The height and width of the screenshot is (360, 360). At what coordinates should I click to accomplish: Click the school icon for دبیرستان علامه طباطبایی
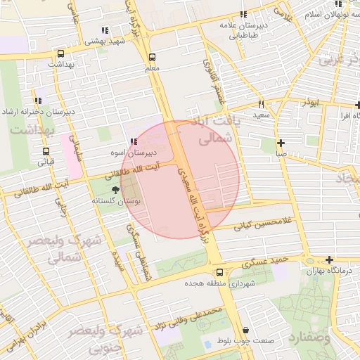coord(243,14)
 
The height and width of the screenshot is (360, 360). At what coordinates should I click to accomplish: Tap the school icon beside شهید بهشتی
coord(105,30)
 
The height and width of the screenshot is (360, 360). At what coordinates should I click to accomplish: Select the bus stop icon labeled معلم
coord(152,58)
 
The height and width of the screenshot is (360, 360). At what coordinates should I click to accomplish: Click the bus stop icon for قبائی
coord(46,151)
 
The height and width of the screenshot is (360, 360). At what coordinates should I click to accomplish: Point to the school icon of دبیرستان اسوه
coord(133,142)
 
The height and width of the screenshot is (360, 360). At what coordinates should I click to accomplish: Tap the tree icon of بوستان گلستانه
coord(116,191)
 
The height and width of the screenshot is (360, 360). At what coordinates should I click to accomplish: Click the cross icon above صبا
coord(281,142)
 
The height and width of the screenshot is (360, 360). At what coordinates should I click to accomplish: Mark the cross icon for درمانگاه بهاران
coord(329,260)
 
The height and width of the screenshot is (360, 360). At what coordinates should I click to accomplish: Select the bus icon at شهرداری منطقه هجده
coord(220,273)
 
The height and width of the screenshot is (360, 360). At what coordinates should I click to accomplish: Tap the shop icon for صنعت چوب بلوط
coord(245,330)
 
